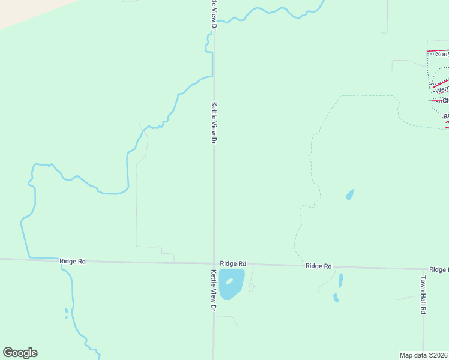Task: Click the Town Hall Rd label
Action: click(x=423, y=295)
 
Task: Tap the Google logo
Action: click(x=20, y=353)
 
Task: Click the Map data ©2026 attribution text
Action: click(x=423, y=355)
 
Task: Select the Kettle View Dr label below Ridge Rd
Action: click(x=213, y=290)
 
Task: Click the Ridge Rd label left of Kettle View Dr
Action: click(x=73, y=261)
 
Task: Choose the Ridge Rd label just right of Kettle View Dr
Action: click(x=233, y=263)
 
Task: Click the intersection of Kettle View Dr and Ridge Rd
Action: click(x=214, y=263)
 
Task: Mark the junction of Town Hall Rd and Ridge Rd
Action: click(x=423, y=269)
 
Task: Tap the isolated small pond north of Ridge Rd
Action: click(x=349, y=194)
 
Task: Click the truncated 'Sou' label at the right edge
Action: click(x=442, y=54)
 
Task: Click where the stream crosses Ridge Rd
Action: click(x=62, y=260)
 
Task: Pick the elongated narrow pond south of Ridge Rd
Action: click(x=340, y=280)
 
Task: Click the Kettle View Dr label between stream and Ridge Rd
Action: click(x=213, y=122)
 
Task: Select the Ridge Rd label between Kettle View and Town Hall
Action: click(x=318, y=266)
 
